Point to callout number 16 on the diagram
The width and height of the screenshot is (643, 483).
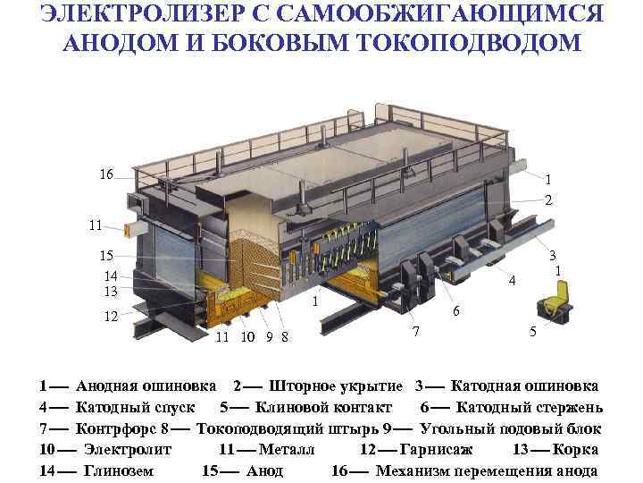click(106, 174)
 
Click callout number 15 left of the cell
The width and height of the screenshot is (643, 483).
click(106, 256)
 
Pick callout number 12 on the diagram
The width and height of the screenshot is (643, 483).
click(111, 317)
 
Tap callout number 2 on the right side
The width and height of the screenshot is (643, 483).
click(547, 199)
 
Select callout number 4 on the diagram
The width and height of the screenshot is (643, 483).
click(512, 281)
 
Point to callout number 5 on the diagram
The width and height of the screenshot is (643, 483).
click(532, 332)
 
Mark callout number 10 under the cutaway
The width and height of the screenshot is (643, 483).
click(247, 337)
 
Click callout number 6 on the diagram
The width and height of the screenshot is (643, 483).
click(456, 311)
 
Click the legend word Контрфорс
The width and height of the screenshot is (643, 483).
click(113, 428)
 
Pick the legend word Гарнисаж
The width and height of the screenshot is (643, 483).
click(433, 449)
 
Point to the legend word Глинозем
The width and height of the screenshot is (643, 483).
click(119, 470)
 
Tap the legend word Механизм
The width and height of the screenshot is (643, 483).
click(414, 470)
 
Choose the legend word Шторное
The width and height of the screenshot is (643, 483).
click(304, 386)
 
